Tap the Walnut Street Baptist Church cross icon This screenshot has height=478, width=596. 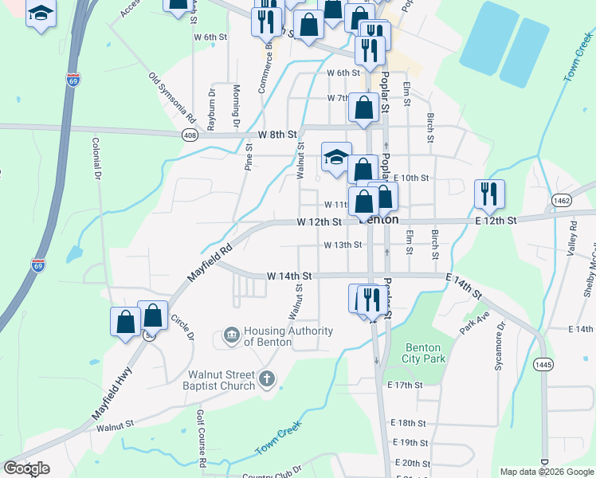pos(267,379)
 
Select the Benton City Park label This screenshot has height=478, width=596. pos(425,352)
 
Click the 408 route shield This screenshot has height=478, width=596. pos(189,136)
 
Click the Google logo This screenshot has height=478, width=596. pos(25,468)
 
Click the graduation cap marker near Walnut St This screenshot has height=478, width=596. pos(336,157)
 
